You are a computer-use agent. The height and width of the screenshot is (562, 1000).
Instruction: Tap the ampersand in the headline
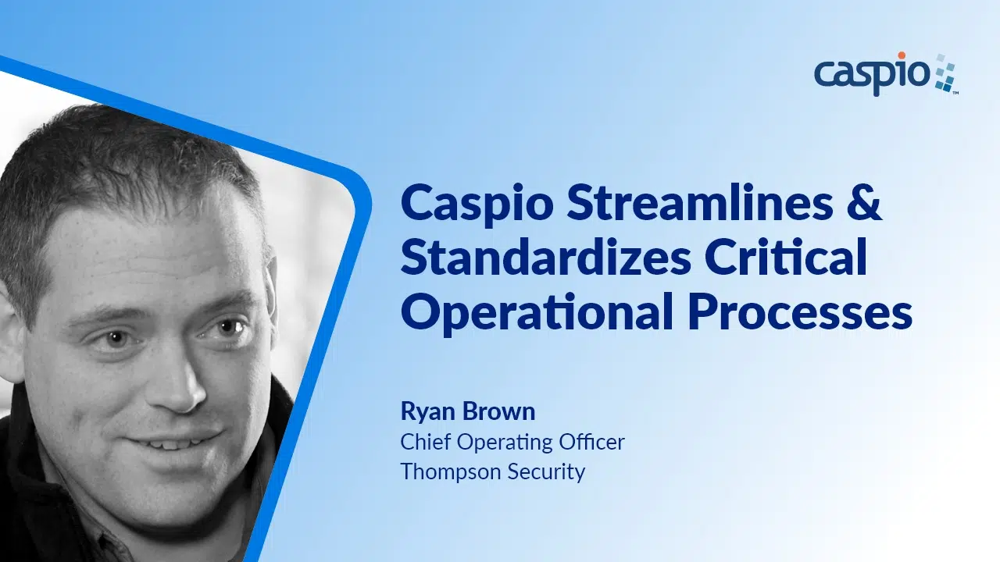[x=865, y=204]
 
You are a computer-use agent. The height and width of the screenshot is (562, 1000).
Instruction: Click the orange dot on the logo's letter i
[x=902, y=55]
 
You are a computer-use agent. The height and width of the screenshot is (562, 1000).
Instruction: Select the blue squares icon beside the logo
[x=945, y=73]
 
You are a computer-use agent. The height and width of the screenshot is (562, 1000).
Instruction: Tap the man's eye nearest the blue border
[x=227, y=329]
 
